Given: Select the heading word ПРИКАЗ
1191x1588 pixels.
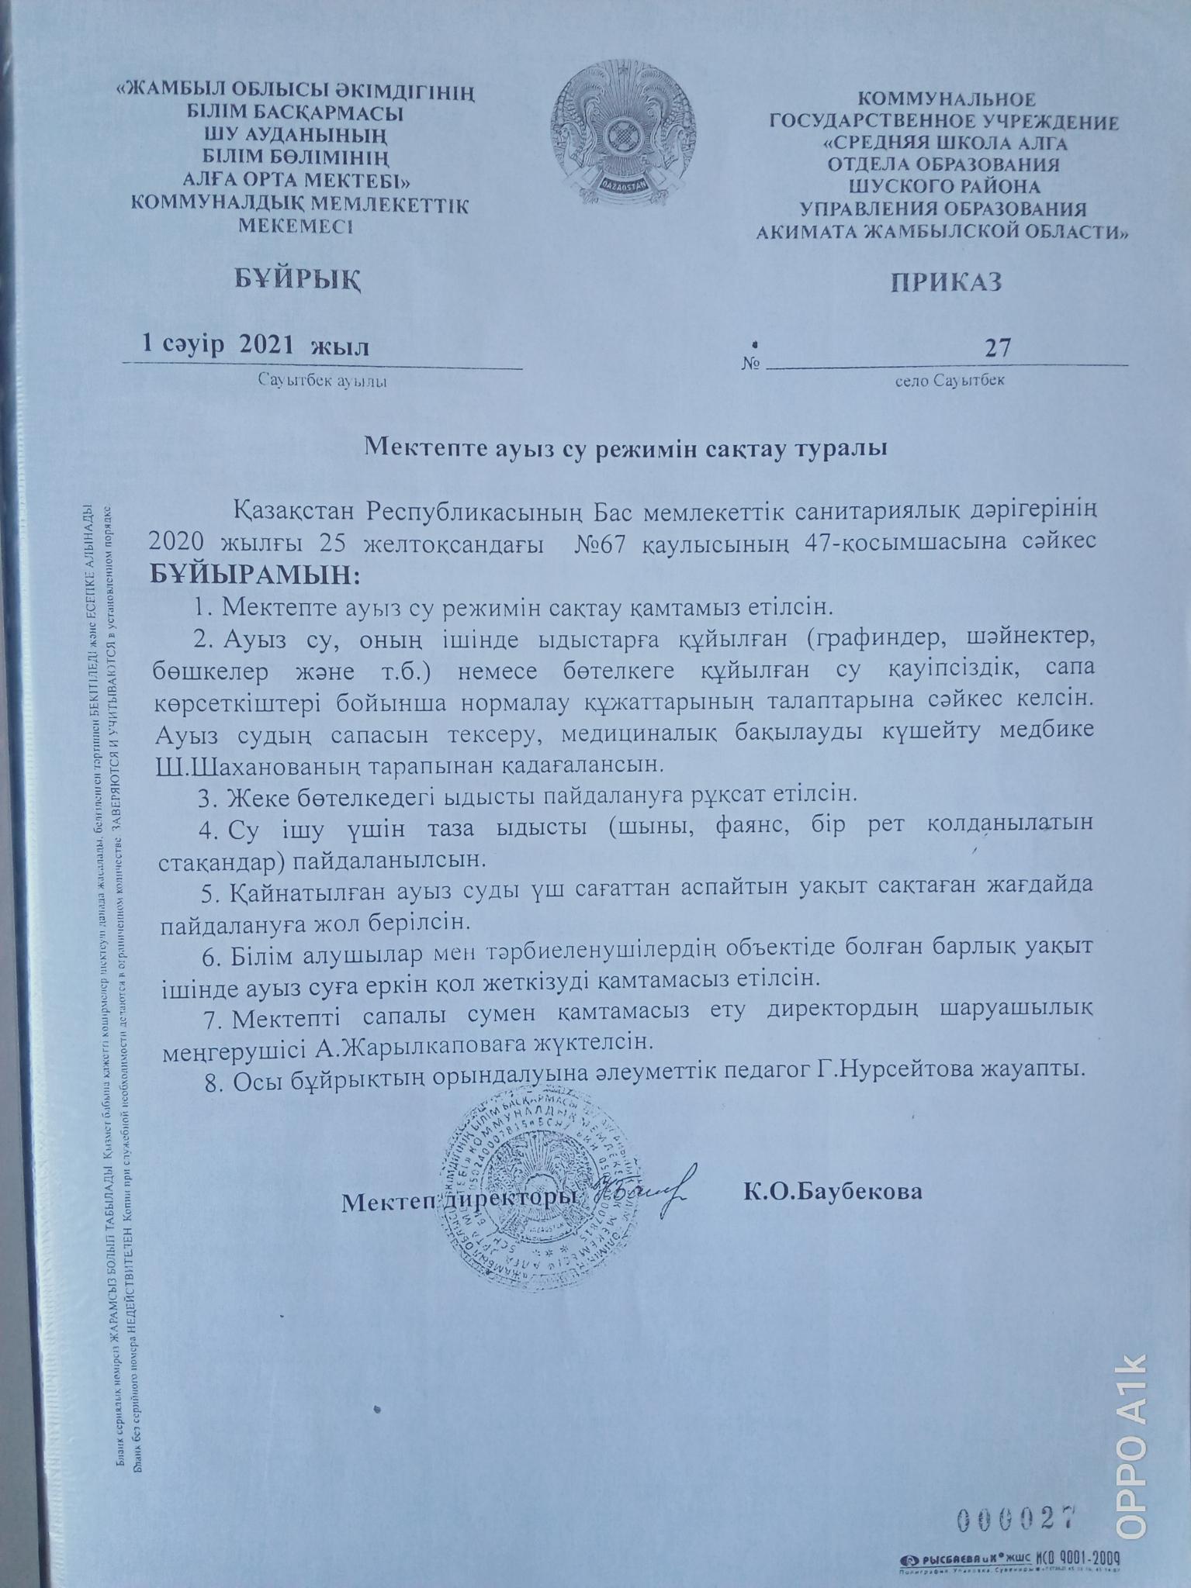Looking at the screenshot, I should [x=945, y=281].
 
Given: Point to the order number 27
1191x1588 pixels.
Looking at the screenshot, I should [x=997, y=347].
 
